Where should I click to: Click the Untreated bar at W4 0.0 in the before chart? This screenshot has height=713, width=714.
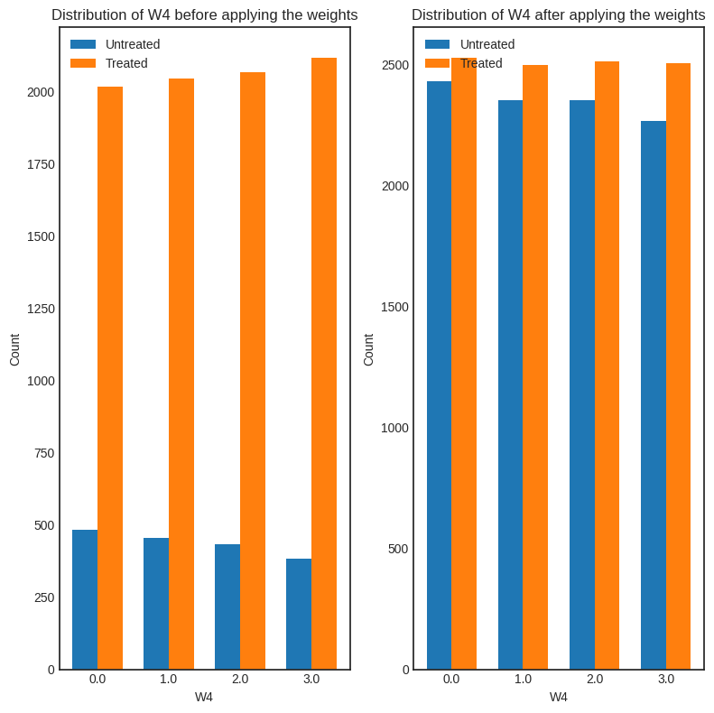(x=85, y=599)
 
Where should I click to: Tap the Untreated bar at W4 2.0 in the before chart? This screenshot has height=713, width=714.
(x=227, y=607)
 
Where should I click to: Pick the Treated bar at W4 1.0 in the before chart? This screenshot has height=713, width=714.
(x=181, y=374)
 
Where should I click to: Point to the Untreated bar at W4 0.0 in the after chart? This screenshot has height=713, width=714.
(x=439, y=375)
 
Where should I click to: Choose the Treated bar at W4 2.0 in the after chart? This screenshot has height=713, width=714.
(x=607, y=366)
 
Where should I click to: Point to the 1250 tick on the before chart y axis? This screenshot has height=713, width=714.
(x=41, y=309)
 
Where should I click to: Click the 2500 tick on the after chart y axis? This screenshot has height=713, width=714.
(x=395, y=65)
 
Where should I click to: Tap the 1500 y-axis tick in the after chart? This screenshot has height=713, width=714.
(x=395, y=307)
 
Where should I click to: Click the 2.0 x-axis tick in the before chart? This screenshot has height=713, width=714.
(x=240, y=679)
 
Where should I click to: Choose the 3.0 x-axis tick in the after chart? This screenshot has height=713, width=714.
(x=666, y=679)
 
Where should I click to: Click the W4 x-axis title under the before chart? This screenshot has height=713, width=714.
(x=204, y=697)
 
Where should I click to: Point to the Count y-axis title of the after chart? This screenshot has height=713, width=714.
(x=368, y=349)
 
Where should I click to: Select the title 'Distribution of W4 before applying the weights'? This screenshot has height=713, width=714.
(x=205, y=15)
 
